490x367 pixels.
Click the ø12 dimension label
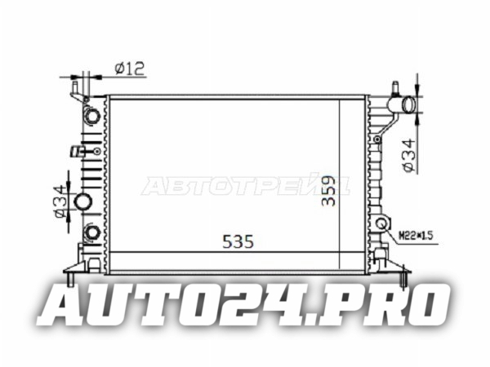[x=130, y=69]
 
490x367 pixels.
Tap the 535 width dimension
[x=238, y=241]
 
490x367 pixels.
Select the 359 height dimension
[x=328, y=191]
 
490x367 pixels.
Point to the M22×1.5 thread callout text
[x=416, y=236]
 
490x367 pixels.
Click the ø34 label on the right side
[x=410, y=156]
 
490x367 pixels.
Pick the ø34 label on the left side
[x=60, y=201]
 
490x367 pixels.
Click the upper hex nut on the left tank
[x=93, y=116]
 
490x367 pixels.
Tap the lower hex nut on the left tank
[x=92, y=232]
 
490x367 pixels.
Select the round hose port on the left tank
[x=82, y=201]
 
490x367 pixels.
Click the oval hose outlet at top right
[x=408, y=105]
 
